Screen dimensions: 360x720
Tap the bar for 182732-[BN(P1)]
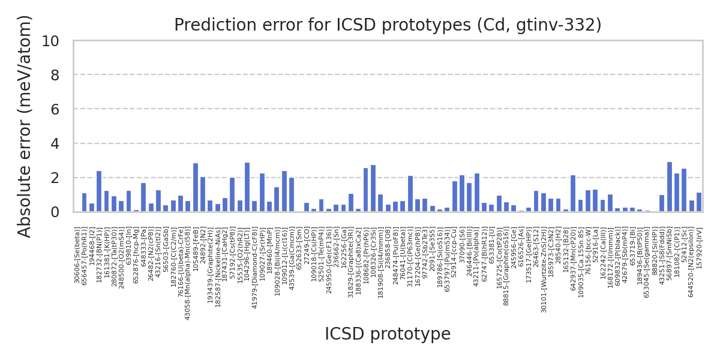(x=99, y=191)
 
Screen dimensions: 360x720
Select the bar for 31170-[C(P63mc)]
(x=410, y=194)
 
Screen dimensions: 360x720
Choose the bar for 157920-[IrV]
(x=699, y=202)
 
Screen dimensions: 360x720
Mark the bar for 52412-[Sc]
(x=684, y=190)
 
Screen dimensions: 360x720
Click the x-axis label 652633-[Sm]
(x=299, y=247)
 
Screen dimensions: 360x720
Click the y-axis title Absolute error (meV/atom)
(x=25, y=126)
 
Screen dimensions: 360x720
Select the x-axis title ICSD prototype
(x=388, y=334)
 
